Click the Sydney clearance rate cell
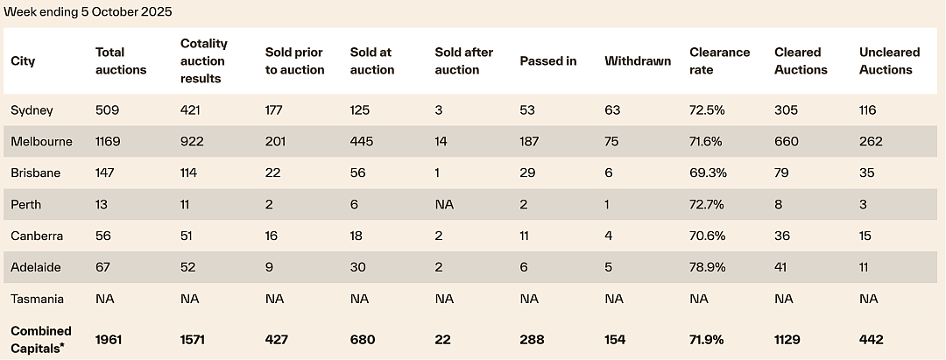(x=708, y=110)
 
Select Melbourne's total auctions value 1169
(x=108, y=142)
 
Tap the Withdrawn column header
(x=638, y=61)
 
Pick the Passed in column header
(x=548, y=61)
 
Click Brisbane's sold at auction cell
(x=358, y=173)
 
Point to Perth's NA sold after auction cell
(x=444, y=204)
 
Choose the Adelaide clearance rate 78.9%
(x=708, y=267)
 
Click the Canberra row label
(x=37, y=236)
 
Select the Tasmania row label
(x=38, y=299)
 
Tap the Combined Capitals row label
(x=41, y=340)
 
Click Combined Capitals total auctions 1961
(x=109, y=340)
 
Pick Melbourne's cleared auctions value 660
(x=787, y=142)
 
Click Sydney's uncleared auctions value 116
(x=867, y=110)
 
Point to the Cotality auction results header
(x=204, y=61)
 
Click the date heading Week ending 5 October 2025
(x=88, y=12)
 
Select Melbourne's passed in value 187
(x=529, y=142)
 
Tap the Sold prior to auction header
(x=295, y=61)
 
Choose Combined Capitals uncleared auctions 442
(x=872, y=340)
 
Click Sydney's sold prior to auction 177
(x=274, y=110)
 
